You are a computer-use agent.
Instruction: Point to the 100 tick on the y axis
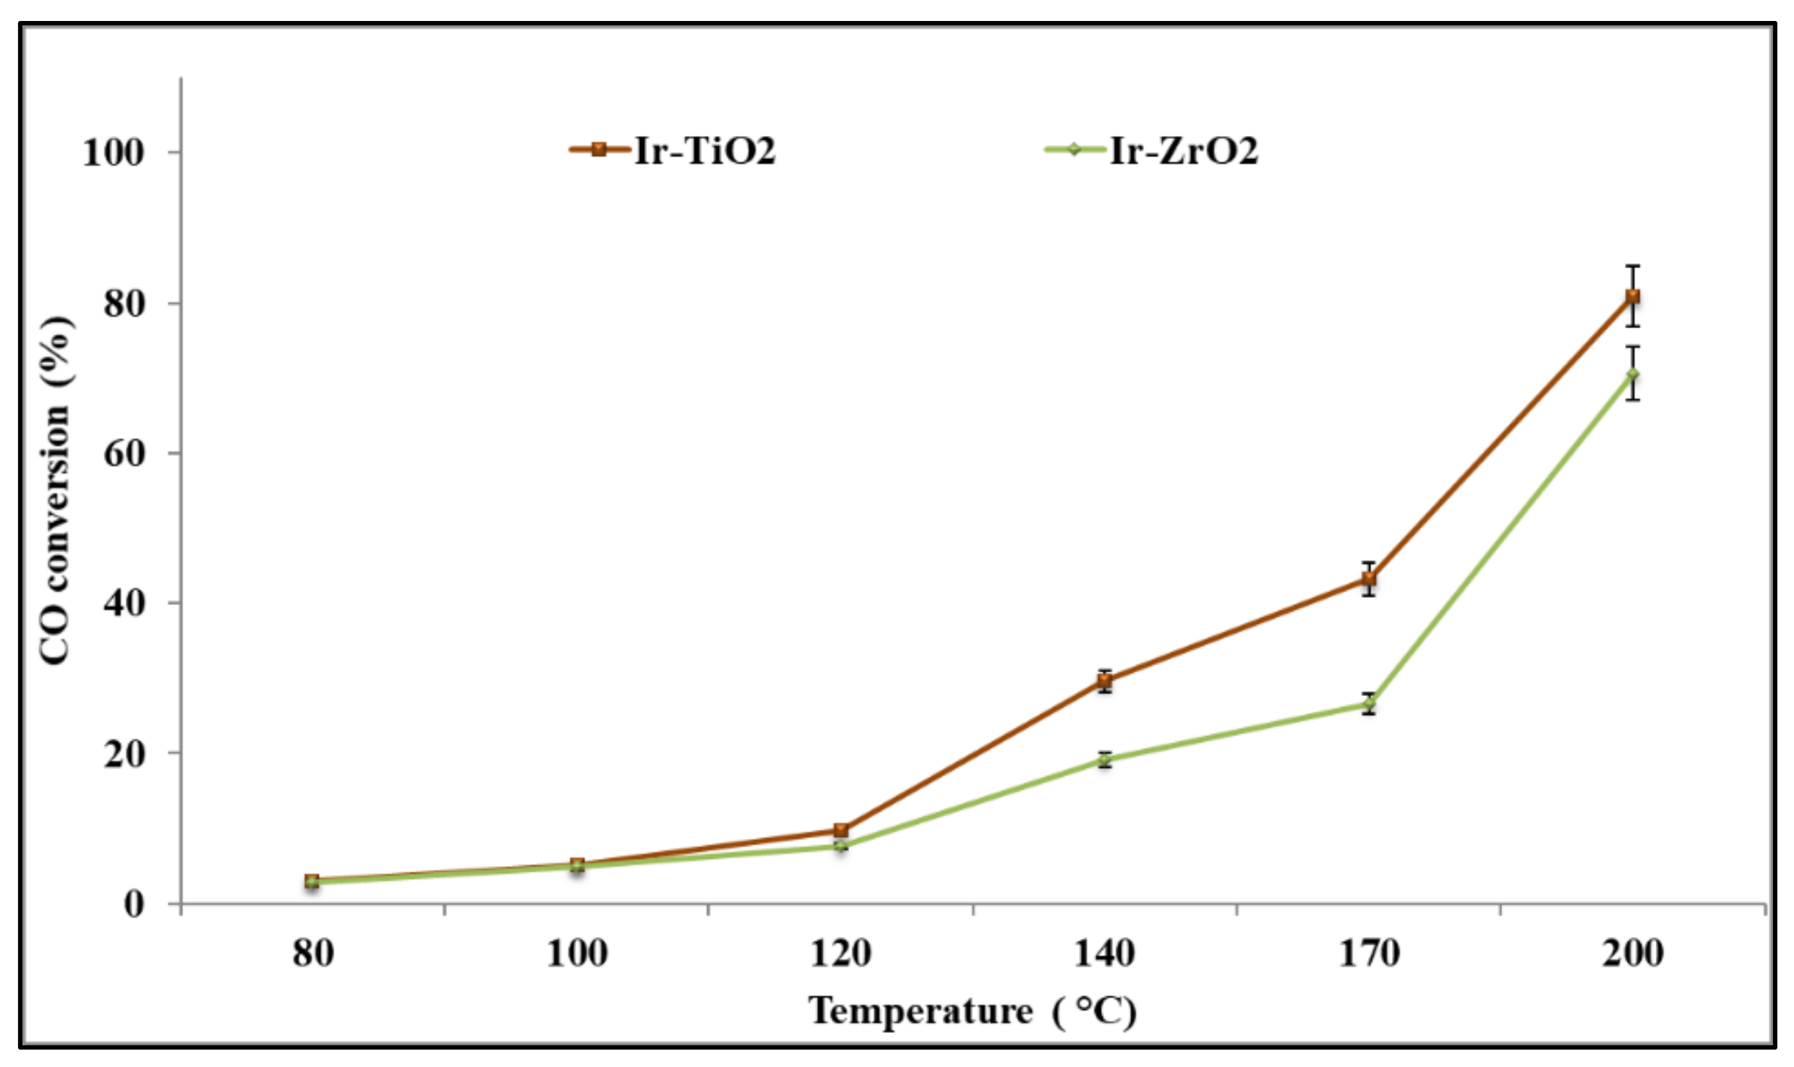(114, 153)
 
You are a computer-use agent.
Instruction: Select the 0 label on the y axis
(134, 904)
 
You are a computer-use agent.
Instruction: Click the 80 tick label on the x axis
(312, 954)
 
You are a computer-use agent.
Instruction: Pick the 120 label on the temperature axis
(840, 954)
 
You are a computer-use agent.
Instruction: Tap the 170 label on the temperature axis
(1369, 954)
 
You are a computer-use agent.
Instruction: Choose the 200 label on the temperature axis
(1632, 954)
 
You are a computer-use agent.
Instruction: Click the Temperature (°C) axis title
(972, 1011)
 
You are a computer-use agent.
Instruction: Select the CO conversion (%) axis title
(56, 490)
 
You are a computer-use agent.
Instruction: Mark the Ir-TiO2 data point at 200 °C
(1632, 296)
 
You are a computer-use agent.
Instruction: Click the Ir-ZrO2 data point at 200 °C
(1632, 374)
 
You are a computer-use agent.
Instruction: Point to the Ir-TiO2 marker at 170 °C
(1369, 578)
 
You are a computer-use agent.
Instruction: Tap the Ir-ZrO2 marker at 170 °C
(1369, 703)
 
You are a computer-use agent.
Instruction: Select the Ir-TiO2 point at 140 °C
(1104, 681)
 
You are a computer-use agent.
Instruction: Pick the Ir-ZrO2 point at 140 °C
(1104, 760)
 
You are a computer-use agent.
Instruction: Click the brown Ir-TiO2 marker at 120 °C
(840, 830)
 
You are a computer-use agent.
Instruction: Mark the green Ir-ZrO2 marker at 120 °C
(840, 845)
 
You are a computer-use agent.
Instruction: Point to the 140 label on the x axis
(1104, 954)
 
